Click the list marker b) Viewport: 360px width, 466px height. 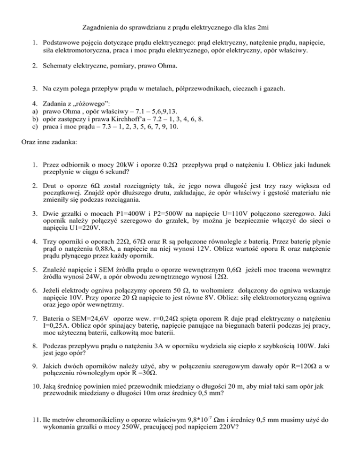tap(35, 119)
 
